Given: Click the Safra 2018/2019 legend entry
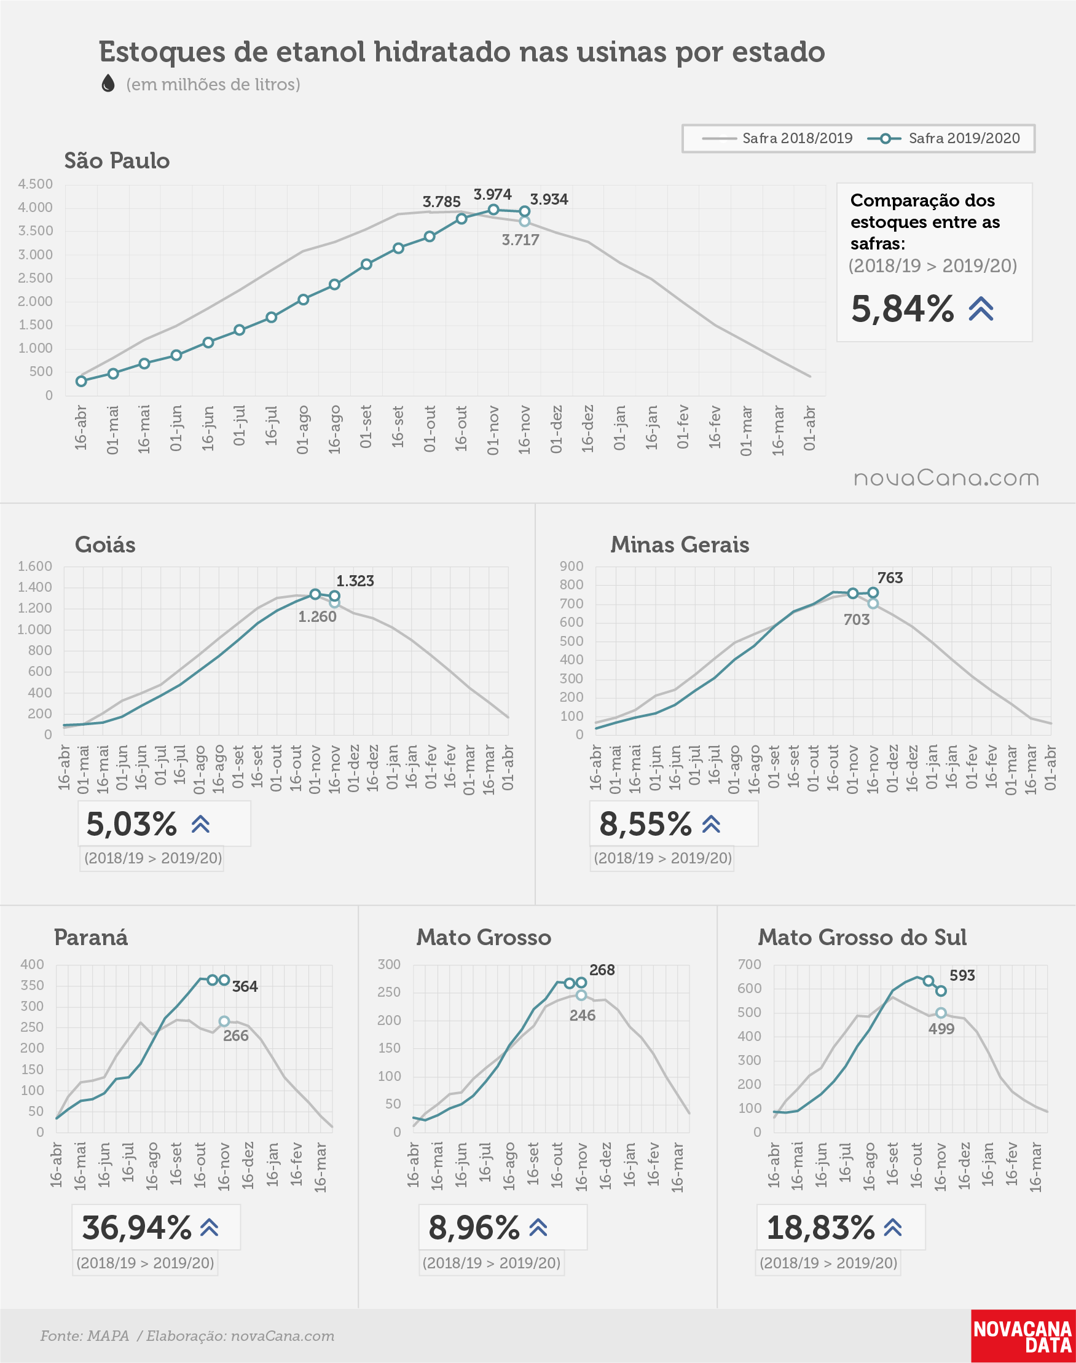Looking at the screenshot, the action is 777,138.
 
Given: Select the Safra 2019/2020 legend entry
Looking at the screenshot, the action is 944,138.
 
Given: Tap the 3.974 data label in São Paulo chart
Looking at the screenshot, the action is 492,194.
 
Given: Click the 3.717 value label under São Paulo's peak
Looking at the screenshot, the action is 520,240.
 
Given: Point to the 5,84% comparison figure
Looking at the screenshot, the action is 902,308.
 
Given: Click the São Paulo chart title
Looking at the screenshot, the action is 117,160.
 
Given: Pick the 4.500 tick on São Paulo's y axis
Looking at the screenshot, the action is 35,184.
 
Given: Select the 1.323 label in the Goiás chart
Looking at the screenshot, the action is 355,581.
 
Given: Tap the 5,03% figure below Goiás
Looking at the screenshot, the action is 131,823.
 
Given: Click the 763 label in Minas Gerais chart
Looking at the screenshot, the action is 890,578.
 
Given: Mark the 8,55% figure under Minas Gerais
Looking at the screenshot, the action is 645,823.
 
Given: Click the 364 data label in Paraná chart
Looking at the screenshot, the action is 245,986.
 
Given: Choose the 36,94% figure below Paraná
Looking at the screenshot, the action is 136,1227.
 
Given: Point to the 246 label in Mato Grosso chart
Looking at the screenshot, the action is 582,1015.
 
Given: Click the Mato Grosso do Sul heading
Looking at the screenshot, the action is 862,937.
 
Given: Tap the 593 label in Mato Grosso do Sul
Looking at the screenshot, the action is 962,975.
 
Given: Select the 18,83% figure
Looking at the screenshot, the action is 821,1227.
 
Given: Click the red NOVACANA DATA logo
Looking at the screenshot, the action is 1023,1336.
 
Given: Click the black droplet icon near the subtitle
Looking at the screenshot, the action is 108,83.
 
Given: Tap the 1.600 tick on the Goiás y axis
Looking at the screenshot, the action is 34,566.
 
